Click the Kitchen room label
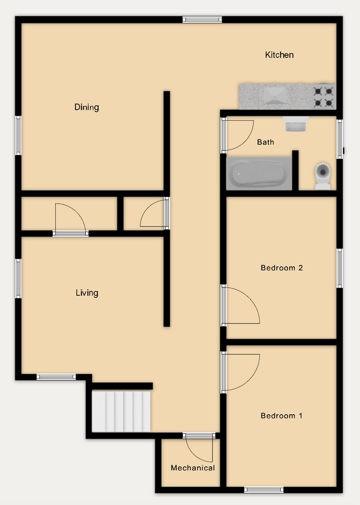(x=279, y=55)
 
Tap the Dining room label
(x=86, y=107)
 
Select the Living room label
(x=86, y=292)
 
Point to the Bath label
(x=265, y=142)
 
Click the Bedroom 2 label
(x=281, y=268)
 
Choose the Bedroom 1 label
(x=281, y=416)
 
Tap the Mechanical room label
(x=192, y=468)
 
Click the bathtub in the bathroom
(x=258, y=174)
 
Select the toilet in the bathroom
(x=322, y=174)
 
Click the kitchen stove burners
(x=325, y=96)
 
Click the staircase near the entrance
(x=121, y=411)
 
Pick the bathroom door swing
(x=238, y=135)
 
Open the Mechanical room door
(x=200, y=449)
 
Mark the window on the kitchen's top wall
(x=202, y=20)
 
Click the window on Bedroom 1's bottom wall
(x=264, y=489)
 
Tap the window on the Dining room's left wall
(x=18, y=135)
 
